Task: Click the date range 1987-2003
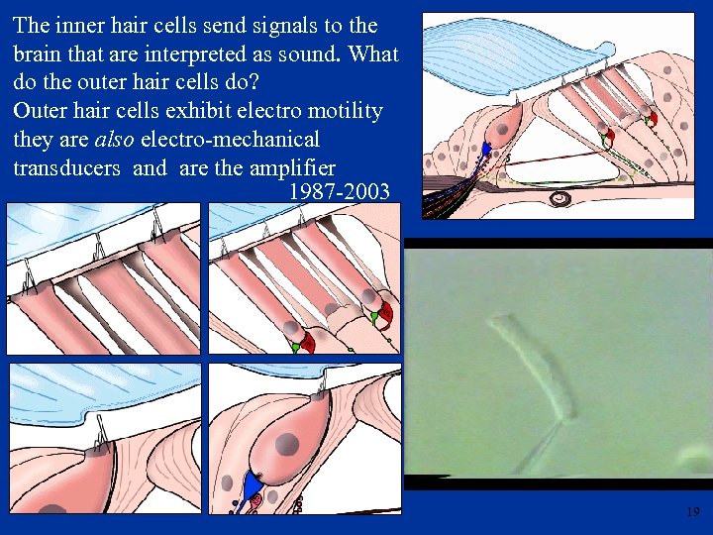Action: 339,191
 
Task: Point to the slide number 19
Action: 692,512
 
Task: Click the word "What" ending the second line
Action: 372,53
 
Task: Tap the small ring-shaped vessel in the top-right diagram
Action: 560,198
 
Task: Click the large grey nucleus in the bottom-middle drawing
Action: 286,443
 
